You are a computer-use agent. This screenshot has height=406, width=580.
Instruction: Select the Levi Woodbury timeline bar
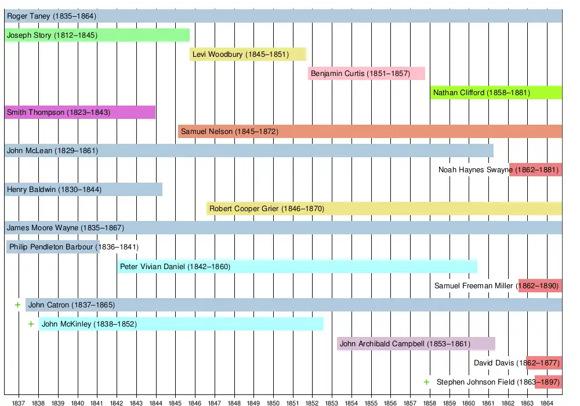tap(248, 55)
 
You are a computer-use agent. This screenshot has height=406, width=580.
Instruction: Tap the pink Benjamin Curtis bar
tap(367, 74)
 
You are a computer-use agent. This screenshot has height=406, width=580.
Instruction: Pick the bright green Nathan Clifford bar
tap(496, 93)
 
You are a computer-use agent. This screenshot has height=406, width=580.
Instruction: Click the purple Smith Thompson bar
tap(79, 112)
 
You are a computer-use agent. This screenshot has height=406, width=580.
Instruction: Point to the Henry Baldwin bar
tap(83, 189)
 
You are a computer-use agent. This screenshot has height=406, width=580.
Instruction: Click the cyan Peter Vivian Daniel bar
tap(297, 267)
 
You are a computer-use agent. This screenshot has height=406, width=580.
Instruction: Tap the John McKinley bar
tap(181, 324)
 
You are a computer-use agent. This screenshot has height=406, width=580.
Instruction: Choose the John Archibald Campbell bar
tap(416, 343)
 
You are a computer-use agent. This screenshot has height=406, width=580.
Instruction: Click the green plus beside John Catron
tap(18, 304)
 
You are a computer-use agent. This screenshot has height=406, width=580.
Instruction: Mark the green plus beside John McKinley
tap(31, 324)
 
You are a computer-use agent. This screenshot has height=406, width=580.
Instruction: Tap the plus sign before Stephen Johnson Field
tap(427, 382)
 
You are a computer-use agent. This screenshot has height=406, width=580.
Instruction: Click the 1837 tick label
tap(19, 402)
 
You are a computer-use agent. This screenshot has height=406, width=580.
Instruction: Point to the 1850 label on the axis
tap(273, 402)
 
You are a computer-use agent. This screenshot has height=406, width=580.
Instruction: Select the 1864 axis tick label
tap(547, 402)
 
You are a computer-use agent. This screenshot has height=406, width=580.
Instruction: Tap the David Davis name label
tap(494, 363)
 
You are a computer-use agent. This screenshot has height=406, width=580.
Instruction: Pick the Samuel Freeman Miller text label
tap(474, 286)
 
